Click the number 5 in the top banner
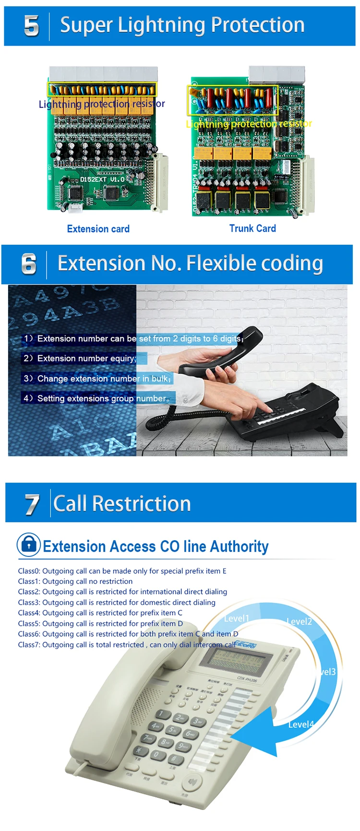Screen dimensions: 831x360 click(x=31, y=25)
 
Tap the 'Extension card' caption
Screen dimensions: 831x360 click(x=98, y=229)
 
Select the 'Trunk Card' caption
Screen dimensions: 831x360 click(x=252, y=228)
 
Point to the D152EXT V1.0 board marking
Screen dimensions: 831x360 click(x=102, y=179)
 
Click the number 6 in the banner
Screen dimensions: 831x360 click(x=29, y=264)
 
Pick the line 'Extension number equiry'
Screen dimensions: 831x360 click(x=80, y=358)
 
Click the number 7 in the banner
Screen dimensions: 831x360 click(x=32, y=504)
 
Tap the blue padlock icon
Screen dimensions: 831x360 click(x=29, y=545)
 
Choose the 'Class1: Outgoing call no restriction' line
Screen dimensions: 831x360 click(x=75, y=582)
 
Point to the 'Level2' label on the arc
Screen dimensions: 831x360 click(x=299, y=621)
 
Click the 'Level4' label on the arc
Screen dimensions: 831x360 click(x=301, y=724)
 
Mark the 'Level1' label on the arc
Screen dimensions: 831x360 click(x=237, y=618)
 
